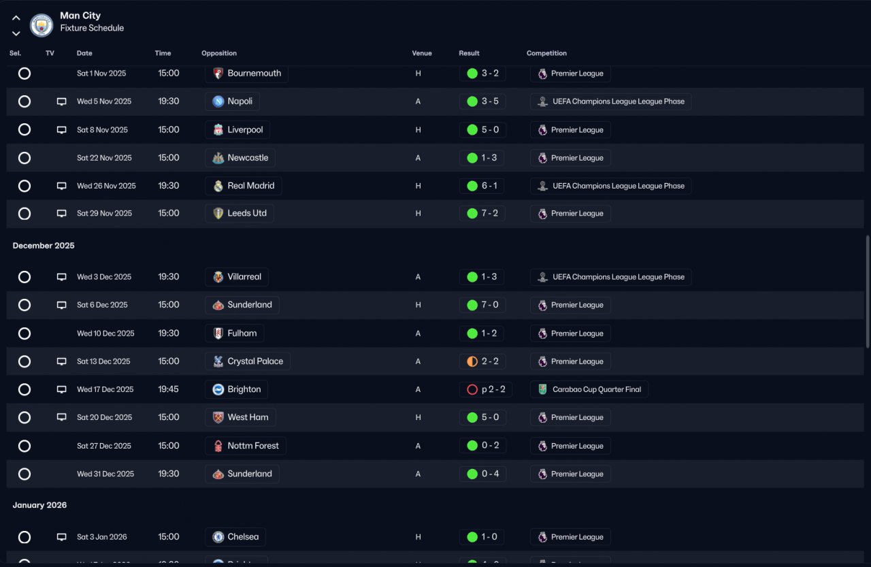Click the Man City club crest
[x=42, y=25]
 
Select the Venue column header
[x=422, y=53]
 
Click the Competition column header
[x=546, y=53]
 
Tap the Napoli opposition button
[x=232, y=101]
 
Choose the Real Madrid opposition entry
[x=243, y=186]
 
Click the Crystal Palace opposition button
[x=248, y=361]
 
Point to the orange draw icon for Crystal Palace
[x=472, y=361]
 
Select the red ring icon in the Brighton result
[x=472, y=390]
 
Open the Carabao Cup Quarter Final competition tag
[x=589, y=390]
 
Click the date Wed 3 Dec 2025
[x=104, y=277]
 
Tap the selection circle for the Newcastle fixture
[x=24, y=158]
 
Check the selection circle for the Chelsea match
[x=24, y=537]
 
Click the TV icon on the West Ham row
[x=61, y=417]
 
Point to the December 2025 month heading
[x=44, y=246]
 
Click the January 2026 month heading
[x=39, y=505]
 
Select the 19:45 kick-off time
[x=169, y=390]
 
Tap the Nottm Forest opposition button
[x=245, y=446]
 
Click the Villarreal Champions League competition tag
[x=610, y=277]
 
